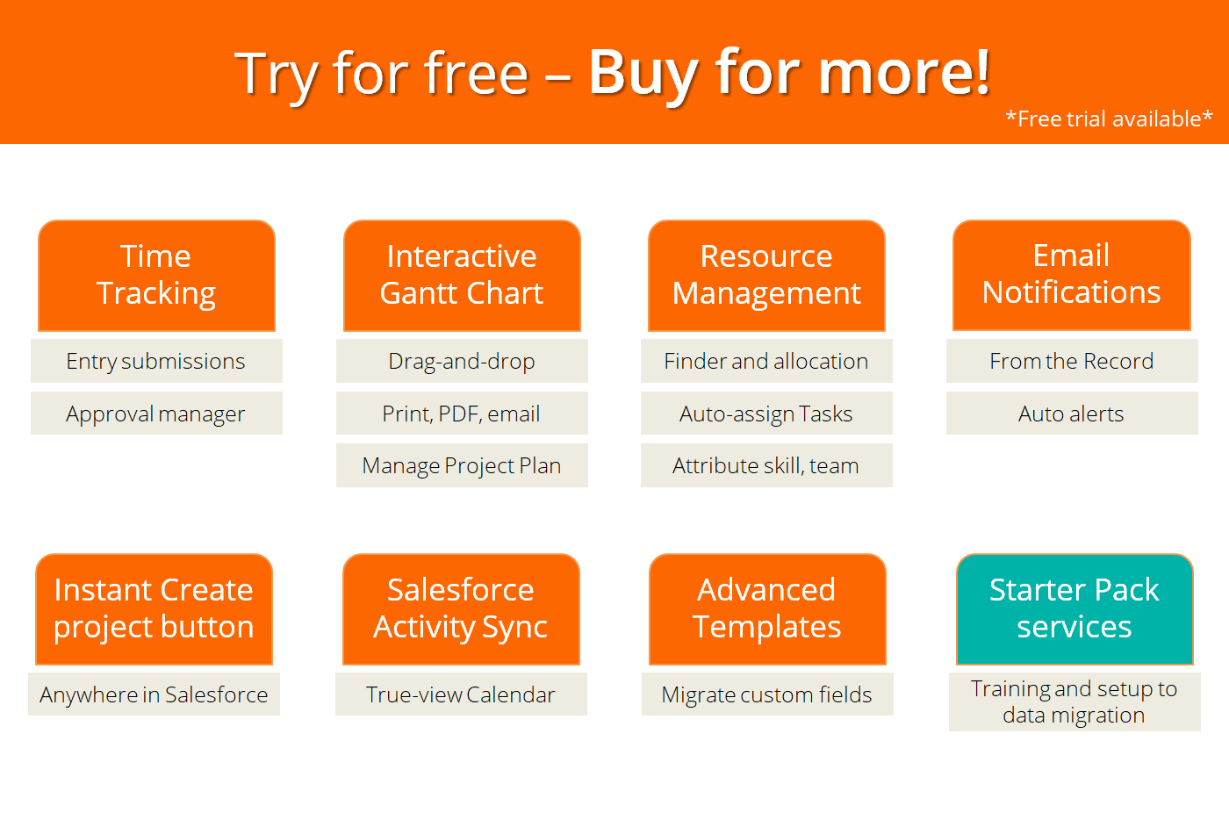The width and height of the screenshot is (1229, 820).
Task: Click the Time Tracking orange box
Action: tap(156, 275)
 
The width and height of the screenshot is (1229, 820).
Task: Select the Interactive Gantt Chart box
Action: tap(462, 275)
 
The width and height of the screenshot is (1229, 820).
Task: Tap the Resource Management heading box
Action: tap(766, 275)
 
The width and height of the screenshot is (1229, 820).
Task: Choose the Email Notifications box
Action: tap(1071, 275)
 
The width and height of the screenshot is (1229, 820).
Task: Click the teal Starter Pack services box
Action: tap(1074, 608)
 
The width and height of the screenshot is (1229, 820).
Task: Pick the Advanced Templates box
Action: tap(766, 608)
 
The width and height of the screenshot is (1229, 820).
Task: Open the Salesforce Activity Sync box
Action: tap(461, 608)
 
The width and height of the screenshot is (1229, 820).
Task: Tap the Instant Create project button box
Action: tap(154, 608)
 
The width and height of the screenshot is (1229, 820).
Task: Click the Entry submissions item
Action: tap(156, 361)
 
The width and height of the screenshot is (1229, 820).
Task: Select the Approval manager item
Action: tap(156, 414)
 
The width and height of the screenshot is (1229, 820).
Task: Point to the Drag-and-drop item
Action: tap(462, 361)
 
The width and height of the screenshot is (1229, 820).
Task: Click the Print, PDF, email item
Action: tap(462, 414)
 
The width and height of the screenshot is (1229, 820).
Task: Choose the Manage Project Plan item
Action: tap(462, 465)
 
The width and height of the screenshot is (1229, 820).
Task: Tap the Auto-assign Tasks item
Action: tap(766, 414)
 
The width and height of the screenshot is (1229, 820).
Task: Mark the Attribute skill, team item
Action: tap(766, 465)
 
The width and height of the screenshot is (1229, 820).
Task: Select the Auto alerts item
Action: tap(1071, 414)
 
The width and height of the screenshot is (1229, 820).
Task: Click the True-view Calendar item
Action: tap(461, 694)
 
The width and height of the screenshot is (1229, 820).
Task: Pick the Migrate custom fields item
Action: tap(766, 694)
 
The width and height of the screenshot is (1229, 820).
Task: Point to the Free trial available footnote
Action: tap(1109, 119)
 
